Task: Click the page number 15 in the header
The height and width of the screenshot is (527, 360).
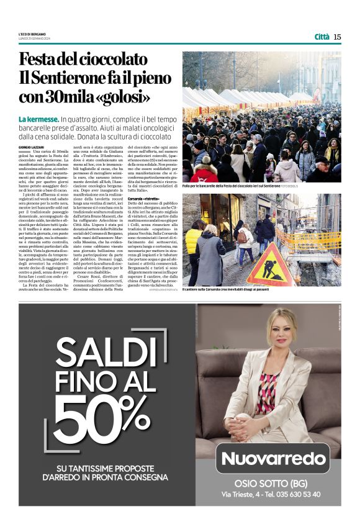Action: point(337,37)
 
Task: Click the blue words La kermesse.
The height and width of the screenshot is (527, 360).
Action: point(38,119)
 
